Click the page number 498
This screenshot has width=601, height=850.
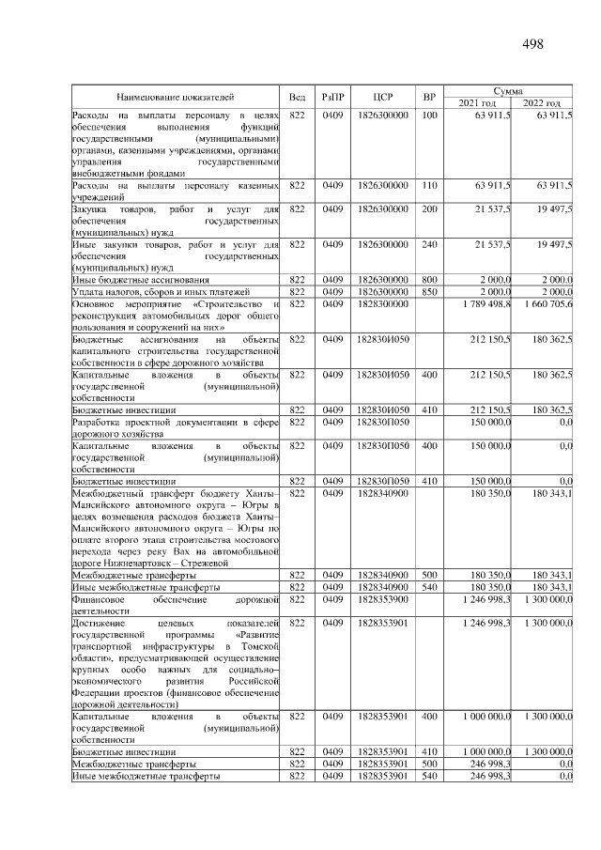click(x=532, y=44)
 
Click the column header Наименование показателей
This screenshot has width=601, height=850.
click(x=175, y=97)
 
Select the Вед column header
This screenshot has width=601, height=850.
click(x=297, y=97)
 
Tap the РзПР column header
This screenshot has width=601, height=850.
click(x=333, y=97)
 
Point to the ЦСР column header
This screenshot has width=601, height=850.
click(x=382, y=97)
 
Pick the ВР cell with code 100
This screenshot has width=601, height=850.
click(x=429, y=115)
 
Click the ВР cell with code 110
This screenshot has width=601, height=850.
click(x=429, y=187)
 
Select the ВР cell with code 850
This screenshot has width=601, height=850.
click(x=429, y=292)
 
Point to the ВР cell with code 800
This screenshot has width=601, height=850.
click(x=429, y=280)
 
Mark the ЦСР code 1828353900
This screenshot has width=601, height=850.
click(x=382, y=598)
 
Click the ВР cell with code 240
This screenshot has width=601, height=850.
click(x=429, y=244)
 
